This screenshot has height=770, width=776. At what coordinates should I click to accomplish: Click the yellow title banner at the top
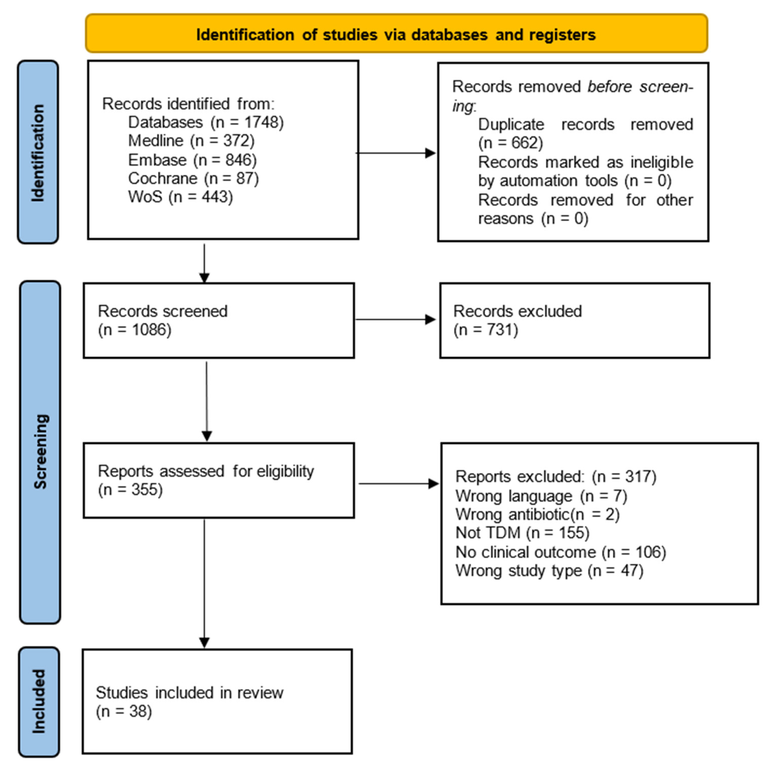coord(396,34)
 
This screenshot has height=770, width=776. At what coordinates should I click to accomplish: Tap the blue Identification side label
coord(38,152)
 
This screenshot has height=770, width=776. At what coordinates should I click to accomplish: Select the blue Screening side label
coord(40,452)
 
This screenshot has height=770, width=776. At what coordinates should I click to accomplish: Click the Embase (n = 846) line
coord(192,160)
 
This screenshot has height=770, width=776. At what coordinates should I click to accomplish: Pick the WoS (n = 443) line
coord(180,197)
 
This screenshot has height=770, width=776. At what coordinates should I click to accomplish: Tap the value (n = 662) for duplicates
coord(510,143)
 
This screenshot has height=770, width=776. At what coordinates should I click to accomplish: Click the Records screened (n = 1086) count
coord(135,330)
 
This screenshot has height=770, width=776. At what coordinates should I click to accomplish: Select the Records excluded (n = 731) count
coord(486,330)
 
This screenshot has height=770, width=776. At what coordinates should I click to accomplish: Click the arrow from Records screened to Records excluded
coord(396,320)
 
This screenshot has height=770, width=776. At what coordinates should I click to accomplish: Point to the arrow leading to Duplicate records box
coord(396,153)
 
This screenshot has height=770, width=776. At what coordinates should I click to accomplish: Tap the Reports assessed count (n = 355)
coord(130,490)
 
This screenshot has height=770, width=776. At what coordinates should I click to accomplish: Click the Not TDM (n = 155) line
coord(522,533)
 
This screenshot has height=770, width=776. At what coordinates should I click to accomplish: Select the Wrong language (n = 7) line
coord(541,496)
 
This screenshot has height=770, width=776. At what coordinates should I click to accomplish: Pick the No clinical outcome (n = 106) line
coord(560,552)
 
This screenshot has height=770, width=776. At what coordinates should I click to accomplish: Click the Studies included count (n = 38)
coord(124,711)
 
